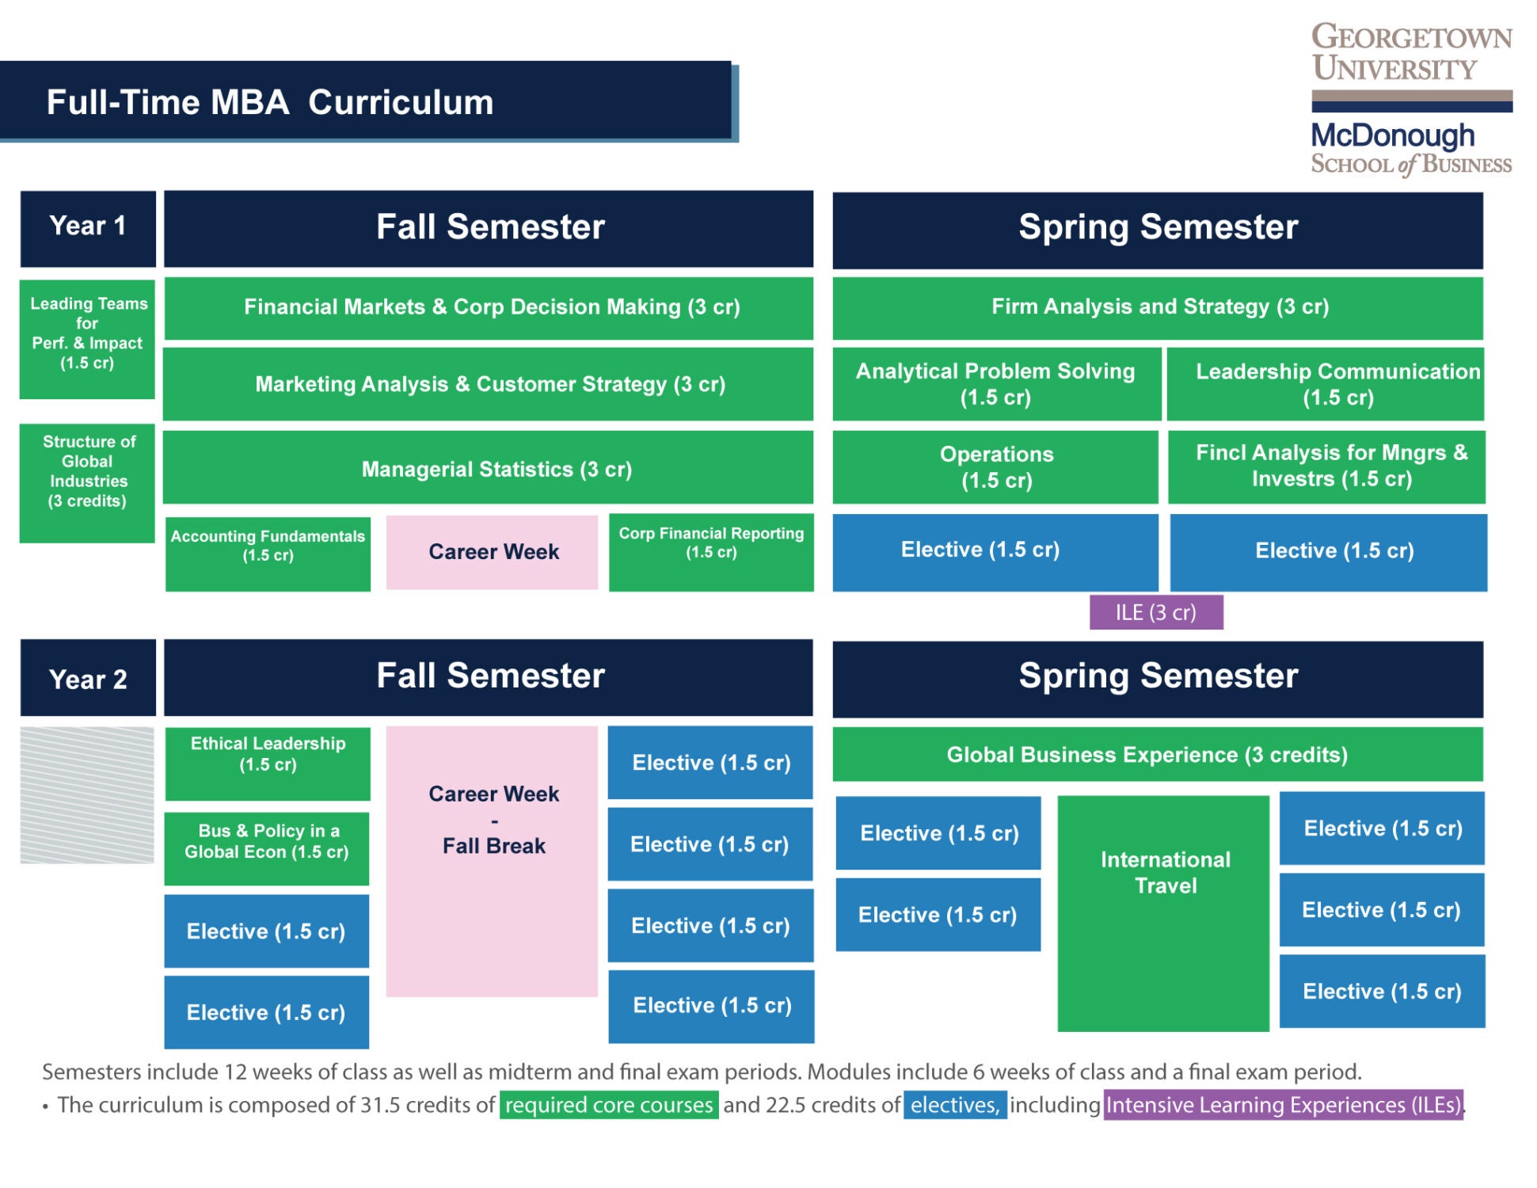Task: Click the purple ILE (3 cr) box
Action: [1155, 612]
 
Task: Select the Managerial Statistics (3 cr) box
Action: [488, 468]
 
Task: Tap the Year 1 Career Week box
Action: [492, 552]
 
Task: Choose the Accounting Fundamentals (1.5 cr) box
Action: [268, 553]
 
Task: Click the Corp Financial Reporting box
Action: [710, 552]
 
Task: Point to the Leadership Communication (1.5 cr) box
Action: [1325, 384]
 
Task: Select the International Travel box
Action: [1162, 912]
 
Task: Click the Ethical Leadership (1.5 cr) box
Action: [268, 763]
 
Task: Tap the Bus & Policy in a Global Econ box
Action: [266, 848]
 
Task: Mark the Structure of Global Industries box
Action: [87, 483]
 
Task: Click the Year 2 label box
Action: [88, 679]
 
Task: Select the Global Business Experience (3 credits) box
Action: [1157, 754]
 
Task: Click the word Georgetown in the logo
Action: [1411, 37]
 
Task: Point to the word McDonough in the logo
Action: [1392, 135]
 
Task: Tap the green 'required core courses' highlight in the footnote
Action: [608, 1105]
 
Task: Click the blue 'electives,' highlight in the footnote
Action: [954, 1105]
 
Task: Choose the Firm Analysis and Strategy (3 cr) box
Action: [1157, 307]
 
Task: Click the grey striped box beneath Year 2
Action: [87, 794]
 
